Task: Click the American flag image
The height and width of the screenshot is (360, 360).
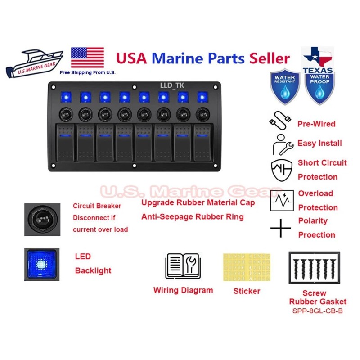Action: tap(87, 58)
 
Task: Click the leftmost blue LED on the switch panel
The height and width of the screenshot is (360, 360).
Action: tap(64, 97)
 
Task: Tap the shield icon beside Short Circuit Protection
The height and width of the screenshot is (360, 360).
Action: tap(281, 170)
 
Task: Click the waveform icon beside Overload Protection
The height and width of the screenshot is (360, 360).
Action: tap(282, 200)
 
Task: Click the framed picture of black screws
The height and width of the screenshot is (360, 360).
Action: tap(314, 267)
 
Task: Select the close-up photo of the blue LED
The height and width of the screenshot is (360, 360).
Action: tap(41, 264)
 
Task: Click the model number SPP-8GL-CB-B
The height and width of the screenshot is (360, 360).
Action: tap(318, 310)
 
